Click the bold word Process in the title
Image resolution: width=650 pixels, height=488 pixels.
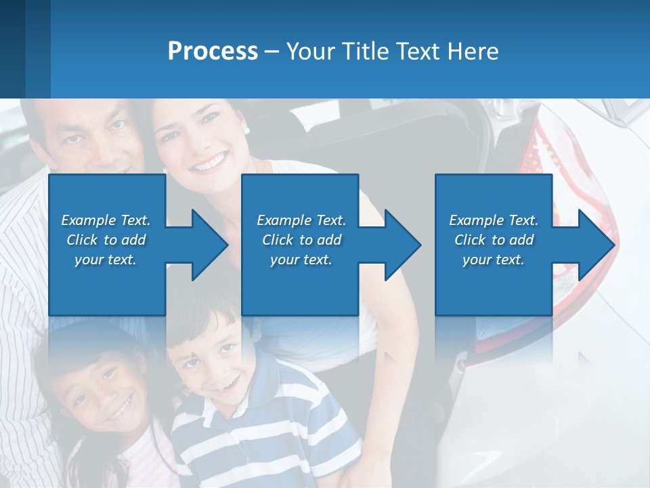point(213,52)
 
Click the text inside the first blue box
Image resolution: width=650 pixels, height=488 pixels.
point(106,240)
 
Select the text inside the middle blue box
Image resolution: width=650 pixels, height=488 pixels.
point(301,240)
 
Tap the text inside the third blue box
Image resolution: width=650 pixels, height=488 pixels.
point(494,240)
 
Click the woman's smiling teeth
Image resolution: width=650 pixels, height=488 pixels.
point(209,163)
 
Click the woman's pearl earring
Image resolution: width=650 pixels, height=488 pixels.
point(247,130)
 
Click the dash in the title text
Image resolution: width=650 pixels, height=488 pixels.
point(272,52)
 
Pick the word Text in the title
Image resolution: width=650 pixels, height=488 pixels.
point(418,52)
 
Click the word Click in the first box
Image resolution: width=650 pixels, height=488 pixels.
point(83,240)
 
